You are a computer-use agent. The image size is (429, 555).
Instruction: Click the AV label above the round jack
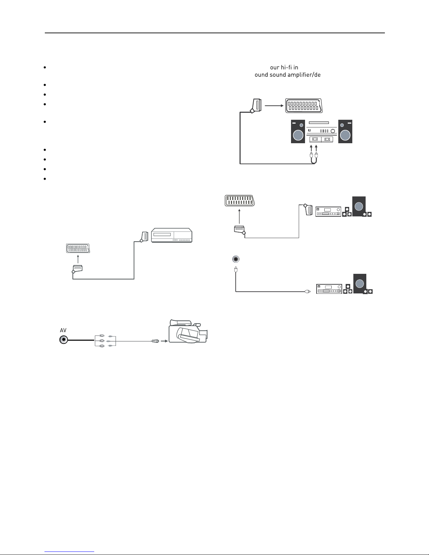coord(63,330)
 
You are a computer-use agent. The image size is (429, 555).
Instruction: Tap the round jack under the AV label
coord(64,340)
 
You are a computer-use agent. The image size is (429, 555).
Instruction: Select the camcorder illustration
coord(188,331)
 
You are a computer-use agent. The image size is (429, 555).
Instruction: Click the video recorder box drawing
coord(172,235)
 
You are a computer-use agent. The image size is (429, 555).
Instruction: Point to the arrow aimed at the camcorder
coord(164,341)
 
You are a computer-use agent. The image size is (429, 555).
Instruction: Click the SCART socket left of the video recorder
coord(78,248)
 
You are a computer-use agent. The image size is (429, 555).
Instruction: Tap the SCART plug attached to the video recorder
coord(144,237)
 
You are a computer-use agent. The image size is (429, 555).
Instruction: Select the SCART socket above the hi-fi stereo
coord(304,105)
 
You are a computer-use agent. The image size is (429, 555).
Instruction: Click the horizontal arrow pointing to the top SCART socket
coord(274,105)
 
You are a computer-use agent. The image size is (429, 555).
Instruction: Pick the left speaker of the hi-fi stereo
coord(298,131)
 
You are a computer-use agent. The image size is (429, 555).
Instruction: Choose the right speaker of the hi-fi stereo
coord(345,131)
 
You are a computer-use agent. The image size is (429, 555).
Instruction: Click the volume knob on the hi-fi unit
coord(332,131)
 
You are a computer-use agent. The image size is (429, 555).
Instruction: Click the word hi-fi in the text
coord(286,68)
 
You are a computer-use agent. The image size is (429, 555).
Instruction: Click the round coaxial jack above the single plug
coord(236,259)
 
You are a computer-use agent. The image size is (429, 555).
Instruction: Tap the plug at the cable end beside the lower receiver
coord(308,291)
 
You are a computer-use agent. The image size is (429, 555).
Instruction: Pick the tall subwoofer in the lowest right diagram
coord(360,284)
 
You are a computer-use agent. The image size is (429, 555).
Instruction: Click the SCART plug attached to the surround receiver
coord(308,209)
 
